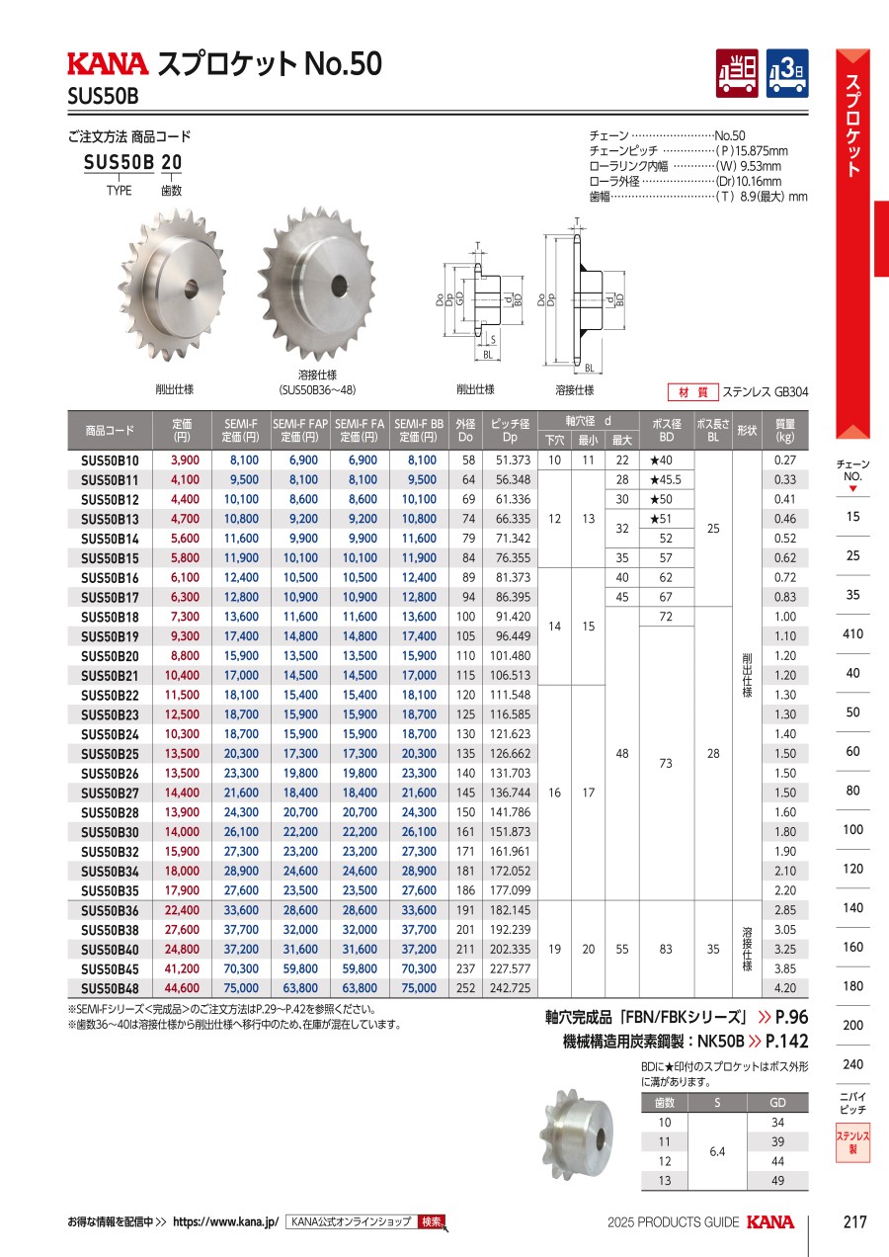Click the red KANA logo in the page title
[x=108, y=63]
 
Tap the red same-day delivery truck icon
[x=737, y=73]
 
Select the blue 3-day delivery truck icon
[x=787, y=73]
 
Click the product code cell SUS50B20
[x=110, y=656]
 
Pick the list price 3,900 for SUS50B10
[x=185, y=461]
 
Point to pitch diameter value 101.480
[x=510, y=656]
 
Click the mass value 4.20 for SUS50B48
[x=785, y=988]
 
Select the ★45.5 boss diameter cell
[x=666, y=480]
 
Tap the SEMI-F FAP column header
[x=300, y=431]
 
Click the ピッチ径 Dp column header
[x=510, y=431]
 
